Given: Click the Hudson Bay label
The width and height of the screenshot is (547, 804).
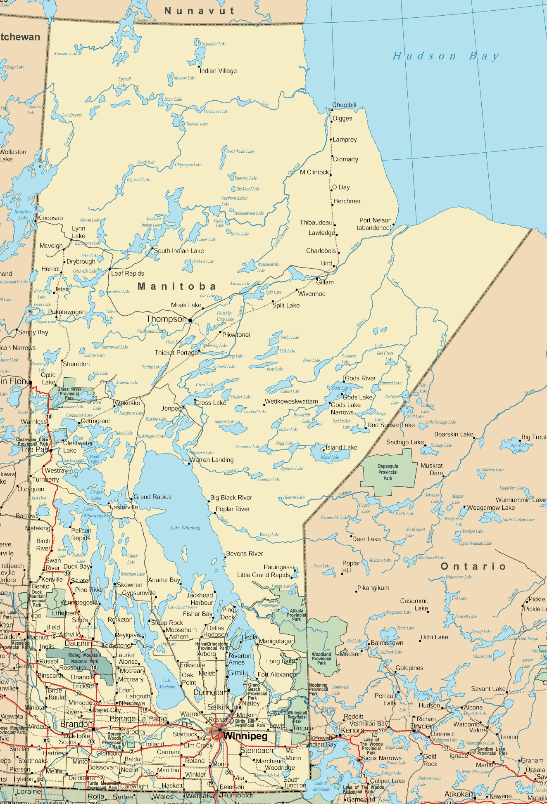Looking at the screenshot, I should point(445,56).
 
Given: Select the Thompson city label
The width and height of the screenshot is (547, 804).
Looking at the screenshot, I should point(166,319).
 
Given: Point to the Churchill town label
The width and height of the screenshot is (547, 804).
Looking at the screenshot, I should point(344,105).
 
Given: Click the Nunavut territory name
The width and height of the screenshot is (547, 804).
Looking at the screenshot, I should point(199,11).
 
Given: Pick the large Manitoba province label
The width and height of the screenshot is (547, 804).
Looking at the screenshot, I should point(177,286).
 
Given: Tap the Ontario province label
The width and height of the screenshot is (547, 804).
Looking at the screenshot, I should point(473,566).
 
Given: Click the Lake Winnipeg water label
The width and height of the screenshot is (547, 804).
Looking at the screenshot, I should point(185,528).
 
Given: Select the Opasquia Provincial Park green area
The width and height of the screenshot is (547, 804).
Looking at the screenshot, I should point(388,472).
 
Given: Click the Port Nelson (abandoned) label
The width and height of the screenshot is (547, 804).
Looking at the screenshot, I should point(375,224).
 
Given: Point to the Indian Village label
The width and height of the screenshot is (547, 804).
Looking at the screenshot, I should point(218,71).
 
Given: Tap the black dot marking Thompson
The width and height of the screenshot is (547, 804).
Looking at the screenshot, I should point(190,320).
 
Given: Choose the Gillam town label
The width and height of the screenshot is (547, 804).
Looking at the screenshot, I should point(325,282).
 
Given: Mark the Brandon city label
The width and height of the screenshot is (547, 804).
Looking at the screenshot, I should point(76,724).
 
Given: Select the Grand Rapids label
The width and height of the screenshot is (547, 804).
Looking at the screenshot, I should point(152,497).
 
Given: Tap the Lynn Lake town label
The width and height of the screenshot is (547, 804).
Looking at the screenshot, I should point(78,232).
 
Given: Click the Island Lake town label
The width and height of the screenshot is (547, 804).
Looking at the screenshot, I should point(341,447).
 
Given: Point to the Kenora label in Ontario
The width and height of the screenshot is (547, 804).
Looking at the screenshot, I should point(352,730).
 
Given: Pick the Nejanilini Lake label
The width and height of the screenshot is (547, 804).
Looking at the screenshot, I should point(214,44).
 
